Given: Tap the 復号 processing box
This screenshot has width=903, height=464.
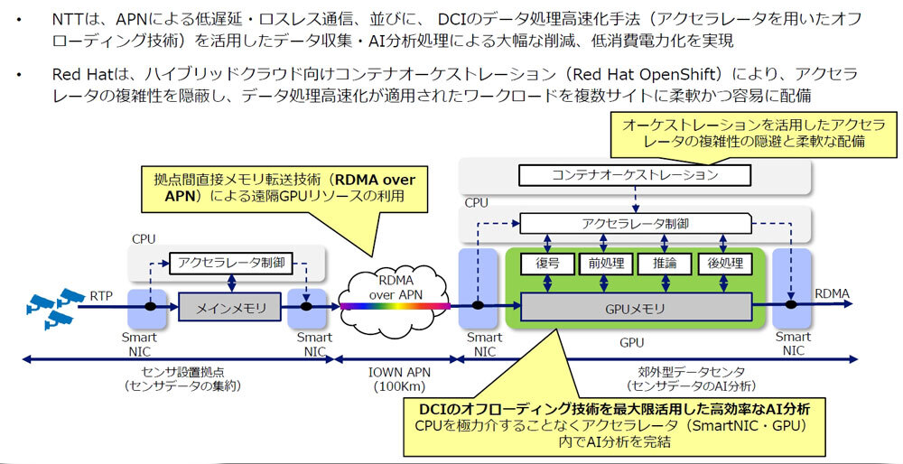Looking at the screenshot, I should pos(544,264).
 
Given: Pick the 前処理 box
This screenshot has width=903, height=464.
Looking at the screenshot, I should pos(603,264).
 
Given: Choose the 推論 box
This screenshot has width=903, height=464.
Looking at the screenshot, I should pos(664,264).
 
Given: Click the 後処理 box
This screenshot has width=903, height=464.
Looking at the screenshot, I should pos(724,264).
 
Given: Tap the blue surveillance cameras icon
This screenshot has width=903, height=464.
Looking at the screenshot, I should pos(51,307).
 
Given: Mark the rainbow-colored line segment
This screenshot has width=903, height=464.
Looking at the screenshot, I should pos(395,307).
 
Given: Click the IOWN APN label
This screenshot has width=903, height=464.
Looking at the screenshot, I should pos(395,372).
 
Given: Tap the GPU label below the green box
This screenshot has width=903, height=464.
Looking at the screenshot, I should pos(631,343).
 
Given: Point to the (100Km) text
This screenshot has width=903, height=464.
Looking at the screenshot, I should pos(395,387).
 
